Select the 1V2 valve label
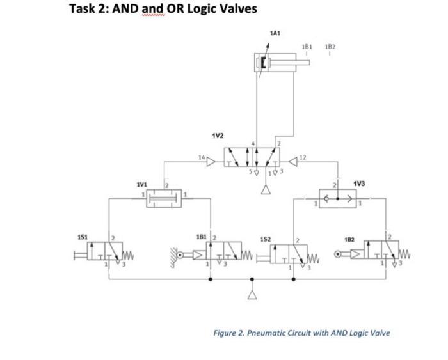pyautogui.click(x=218, y=136)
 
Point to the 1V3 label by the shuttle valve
pyautogui.click(x=360, y=184)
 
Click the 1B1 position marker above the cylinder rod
pyautogui.click(x=307, y=47)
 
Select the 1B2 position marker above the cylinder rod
pyautogui.click(x=330, y=47)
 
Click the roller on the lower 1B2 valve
pyautogui.click(x=337, y=253)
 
